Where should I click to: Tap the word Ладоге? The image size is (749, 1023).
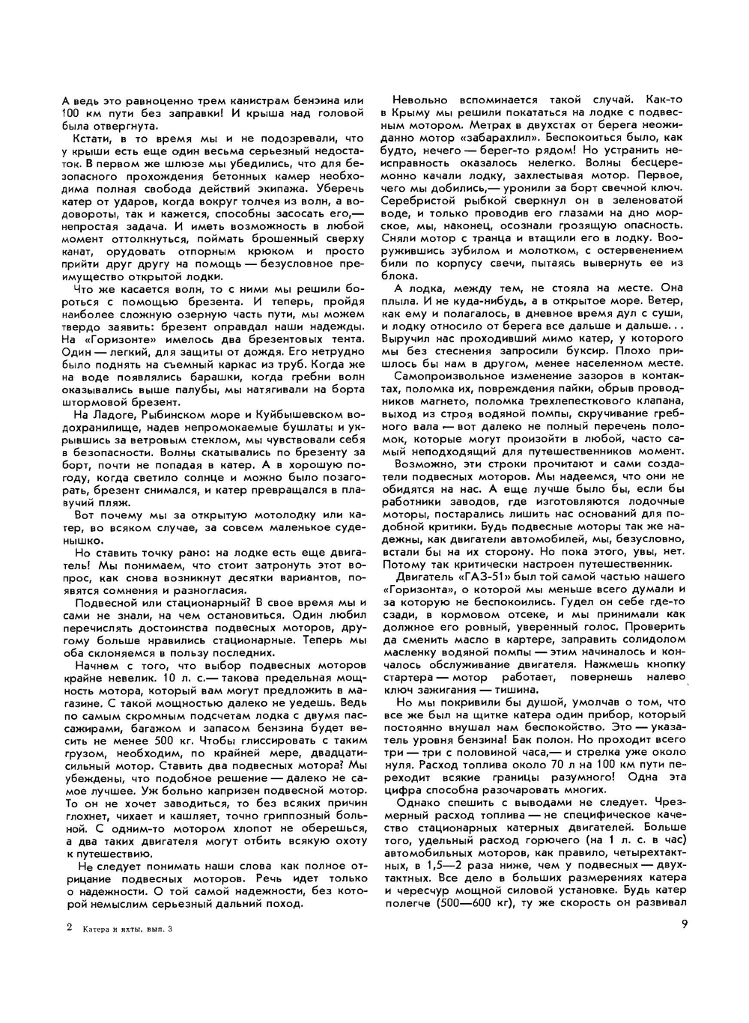point(110,414)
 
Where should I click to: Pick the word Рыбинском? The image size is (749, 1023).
point(168,414)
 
